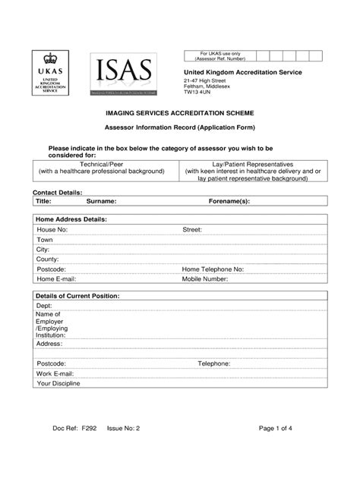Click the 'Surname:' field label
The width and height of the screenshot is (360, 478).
click(x=101, y=202)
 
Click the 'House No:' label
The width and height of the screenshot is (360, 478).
click(x=52, y=229)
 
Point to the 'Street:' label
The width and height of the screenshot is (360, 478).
click(x=191, y=229)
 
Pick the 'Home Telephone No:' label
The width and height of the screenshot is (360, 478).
click(x=212, y=269)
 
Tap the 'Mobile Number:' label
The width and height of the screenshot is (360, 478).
click(x=204, y=279)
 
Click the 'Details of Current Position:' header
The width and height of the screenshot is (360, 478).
click(x=78, y=295)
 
